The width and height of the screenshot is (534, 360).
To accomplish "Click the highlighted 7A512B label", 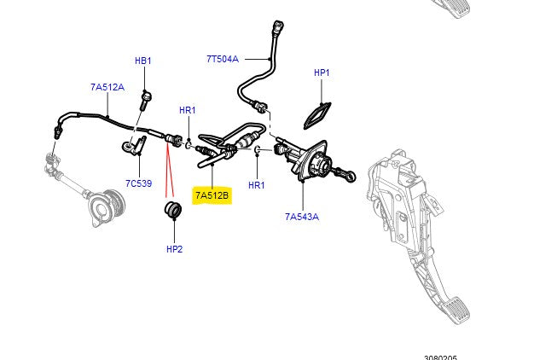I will tap(212, 195).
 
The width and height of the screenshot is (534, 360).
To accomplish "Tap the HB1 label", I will tap(142, 61).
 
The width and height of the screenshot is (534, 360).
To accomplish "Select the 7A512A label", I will tap(107, 87).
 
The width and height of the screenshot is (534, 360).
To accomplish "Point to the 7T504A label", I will tap(223, 59).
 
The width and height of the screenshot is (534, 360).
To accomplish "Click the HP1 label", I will tap(322, 73).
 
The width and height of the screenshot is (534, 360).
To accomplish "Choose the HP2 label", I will tap(174, 249).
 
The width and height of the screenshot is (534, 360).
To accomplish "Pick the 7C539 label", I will tap(138, 183).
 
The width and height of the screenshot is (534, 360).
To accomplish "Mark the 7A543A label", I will tap(302, 217).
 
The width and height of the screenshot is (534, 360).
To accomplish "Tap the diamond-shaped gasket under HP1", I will tap(320, 111).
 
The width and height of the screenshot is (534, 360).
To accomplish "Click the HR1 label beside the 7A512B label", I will tap(257, 184).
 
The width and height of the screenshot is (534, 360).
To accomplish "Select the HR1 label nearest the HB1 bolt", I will tap(188, 110).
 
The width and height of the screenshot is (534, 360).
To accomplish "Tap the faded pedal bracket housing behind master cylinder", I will tap(397, 183).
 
